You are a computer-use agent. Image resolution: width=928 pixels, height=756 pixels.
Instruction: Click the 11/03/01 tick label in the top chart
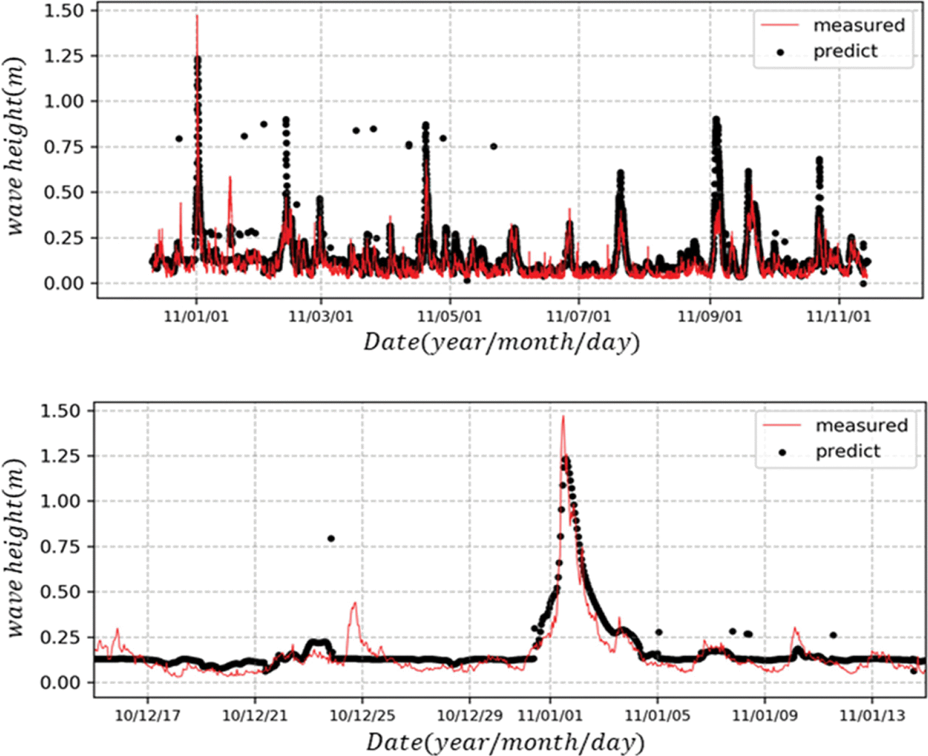click(321, 316)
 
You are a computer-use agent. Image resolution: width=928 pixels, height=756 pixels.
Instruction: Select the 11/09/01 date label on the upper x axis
click(710, 316)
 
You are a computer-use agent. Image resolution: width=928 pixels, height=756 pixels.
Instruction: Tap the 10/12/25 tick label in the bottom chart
click(362, 716)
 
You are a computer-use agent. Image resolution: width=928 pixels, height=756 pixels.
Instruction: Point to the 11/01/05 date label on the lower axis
click(657, 716)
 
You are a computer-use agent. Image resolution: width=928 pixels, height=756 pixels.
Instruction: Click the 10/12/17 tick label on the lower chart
click(147, 716)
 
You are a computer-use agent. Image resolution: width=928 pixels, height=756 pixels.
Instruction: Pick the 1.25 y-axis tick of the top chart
click(64, 56)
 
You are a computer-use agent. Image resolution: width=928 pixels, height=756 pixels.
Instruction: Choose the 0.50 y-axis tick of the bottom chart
click(60, 592)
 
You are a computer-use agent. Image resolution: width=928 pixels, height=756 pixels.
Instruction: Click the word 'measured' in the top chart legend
click(859, 25)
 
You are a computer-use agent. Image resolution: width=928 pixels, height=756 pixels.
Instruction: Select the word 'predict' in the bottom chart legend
click(848, 451)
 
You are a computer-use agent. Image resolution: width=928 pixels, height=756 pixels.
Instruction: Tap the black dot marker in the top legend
click(780, 52)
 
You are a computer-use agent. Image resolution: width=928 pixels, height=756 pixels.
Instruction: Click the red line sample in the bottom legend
click(781, 425)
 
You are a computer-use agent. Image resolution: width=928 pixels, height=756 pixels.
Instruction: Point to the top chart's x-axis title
click(501, 342)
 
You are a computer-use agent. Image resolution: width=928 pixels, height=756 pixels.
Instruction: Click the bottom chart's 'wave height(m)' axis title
click(16, 548)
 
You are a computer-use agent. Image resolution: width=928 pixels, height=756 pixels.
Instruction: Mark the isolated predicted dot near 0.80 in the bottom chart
click(331, 539)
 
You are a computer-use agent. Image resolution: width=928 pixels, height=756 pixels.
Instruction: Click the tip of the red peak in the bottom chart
click(563, 417)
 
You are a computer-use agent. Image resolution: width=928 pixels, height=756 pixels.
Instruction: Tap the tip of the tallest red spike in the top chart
click(197, 16)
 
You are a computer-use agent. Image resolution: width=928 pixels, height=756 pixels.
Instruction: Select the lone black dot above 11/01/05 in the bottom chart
click(659, 632)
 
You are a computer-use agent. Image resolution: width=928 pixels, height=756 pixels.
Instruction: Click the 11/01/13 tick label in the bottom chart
click(872, 716)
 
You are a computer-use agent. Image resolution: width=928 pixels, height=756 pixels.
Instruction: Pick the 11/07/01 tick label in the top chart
click(579, 316)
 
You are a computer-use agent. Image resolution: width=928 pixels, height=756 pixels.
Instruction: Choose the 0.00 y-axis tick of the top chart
click(64, 283)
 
